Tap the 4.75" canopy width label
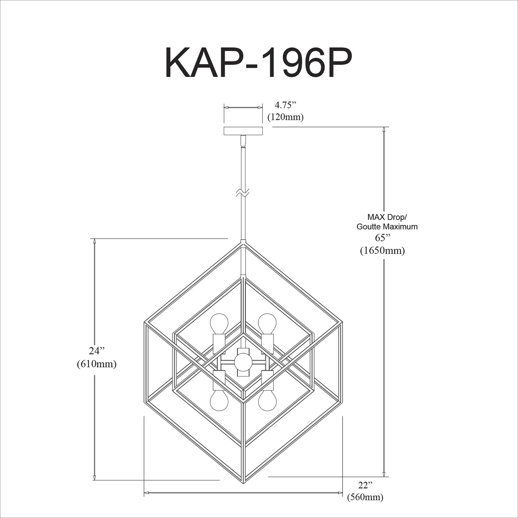click(286, 105)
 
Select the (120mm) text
click(286, 117)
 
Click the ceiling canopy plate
click(243, 131)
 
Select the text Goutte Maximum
click(387, 227)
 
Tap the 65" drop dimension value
click(382, 238)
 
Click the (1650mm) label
click(382, 250)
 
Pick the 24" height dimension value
click(97, 351)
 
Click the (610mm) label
click(97, 364)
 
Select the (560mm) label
click(365, 497)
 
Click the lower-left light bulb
click(219, 401)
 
